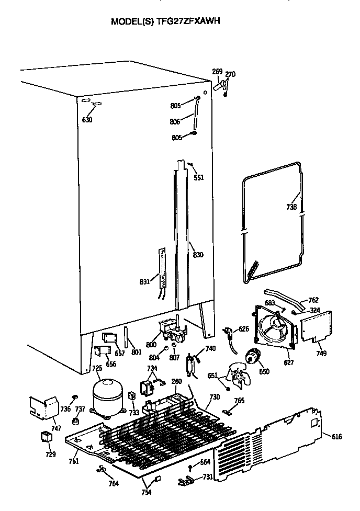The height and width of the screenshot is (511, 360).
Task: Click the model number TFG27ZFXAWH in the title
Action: point(190,22)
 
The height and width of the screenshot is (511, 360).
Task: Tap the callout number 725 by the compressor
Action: point(97,369)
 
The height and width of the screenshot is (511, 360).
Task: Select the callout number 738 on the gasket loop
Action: point(292,207)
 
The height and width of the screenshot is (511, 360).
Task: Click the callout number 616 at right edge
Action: point(337,437)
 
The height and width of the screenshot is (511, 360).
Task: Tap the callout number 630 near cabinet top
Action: point(87,120)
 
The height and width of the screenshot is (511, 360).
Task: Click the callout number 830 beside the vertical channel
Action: point(198,255)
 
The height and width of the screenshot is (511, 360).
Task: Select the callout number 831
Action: point(145,282)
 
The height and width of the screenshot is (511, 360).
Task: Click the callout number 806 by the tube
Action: point(175,121)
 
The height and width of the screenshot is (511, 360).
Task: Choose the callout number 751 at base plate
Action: point(74,461)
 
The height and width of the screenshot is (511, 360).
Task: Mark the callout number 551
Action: point(199,178)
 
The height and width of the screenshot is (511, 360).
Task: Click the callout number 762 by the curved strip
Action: point(313,300)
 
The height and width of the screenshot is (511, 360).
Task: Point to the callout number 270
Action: point(230,74)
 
